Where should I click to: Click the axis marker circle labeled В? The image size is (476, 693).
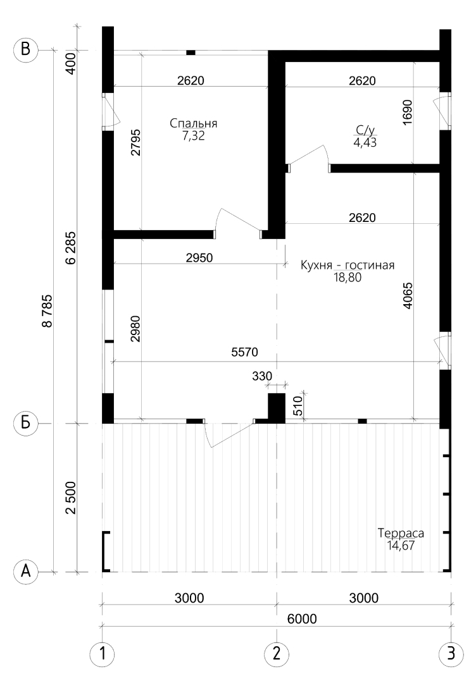26,49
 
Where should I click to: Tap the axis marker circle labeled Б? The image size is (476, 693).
26,423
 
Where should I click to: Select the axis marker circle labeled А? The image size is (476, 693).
26,572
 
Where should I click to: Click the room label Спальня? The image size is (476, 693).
193,123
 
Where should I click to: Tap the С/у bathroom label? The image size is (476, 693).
365,130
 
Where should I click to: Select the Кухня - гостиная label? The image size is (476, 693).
348,265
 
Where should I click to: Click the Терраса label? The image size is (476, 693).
401,533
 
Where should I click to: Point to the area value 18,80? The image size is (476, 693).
348,278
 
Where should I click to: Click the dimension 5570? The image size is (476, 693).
244,352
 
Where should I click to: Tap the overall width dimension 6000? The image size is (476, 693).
302,619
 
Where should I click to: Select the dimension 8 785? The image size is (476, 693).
47,310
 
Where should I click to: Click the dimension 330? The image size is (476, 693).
262,376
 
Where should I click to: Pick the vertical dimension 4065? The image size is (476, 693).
408,295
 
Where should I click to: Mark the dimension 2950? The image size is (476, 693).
199,258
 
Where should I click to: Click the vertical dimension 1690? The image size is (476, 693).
408,112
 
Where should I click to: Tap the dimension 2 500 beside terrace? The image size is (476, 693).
71,498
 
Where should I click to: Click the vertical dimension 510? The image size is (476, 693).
298,406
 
